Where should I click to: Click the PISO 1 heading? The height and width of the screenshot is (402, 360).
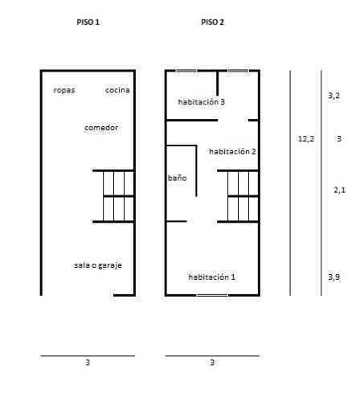(x=88, y=22)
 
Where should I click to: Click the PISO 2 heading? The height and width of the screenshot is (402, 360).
(x=212, y=22)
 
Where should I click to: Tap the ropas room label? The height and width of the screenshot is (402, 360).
(x=64, y=90)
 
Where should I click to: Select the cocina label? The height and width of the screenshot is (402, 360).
(x=117, y=90)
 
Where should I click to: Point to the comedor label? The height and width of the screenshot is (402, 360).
(x=101, y=128)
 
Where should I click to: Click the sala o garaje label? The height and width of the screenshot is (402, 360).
(x=98, y=265)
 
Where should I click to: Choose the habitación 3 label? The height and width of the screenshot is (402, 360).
(x=202, y=102)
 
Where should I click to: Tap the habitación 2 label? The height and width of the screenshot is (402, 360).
(x=232, y=151)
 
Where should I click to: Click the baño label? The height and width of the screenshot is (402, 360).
(x=177, y=178)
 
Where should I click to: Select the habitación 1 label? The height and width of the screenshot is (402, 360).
(x=212, y=277)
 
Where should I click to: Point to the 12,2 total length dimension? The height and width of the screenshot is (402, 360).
(x=306, y=139)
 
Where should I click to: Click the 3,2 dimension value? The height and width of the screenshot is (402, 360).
(x=334, y=96)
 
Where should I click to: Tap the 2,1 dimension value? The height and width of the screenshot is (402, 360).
(x=340, y=190)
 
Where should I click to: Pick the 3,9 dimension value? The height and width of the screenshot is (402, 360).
(x=334, y=277)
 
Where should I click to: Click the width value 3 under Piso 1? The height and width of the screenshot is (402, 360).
(x=88, y=363)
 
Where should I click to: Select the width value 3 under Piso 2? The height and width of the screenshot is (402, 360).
(x=212, y=363)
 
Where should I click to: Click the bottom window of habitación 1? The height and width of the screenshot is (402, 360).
(x=212, y=295)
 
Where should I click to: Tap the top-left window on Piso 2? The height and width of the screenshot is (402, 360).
(x=186, y=71)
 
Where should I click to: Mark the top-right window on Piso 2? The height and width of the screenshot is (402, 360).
(x=238, y=71)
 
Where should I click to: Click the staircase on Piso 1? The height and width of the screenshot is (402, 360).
(x=113, y=196)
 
